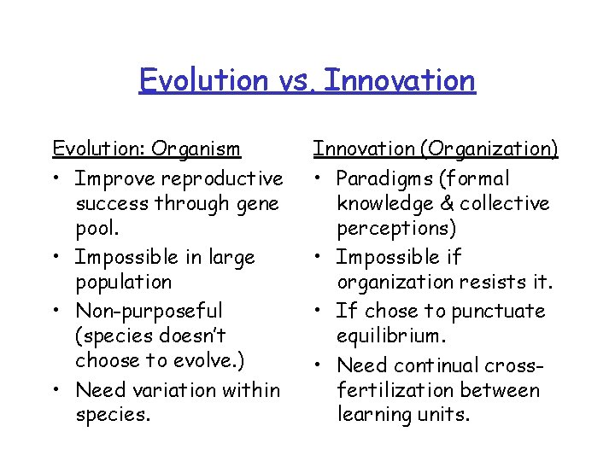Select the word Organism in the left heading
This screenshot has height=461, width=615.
point(196,149)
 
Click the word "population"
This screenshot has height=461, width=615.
point(123,282)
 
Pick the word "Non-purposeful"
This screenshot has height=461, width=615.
point(148,312)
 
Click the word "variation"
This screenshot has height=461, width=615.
point(184,390)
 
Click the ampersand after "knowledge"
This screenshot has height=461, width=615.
point(450,204)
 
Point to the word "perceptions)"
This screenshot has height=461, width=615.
point(393,229)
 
